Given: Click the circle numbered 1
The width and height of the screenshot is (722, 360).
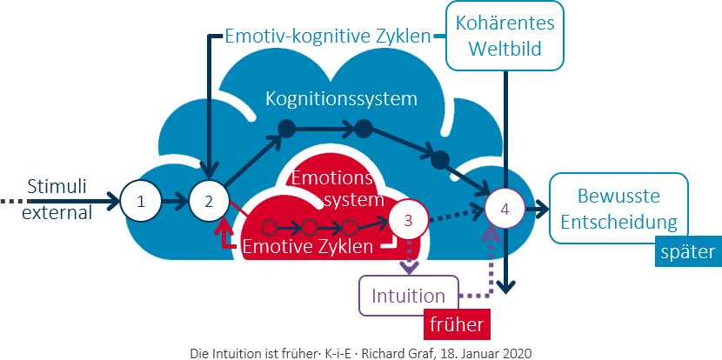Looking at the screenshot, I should (x=142, y=201).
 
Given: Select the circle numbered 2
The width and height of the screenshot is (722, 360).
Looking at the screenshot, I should (x=209, y=201).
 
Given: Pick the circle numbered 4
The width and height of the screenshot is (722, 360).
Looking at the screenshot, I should (x=505, y=209).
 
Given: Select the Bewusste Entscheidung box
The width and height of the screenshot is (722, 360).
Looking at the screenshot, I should (x=618, y=209).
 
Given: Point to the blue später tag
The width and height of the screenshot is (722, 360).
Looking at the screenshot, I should (x=687, y=252).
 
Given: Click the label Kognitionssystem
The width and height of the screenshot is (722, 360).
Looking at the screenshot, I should (x=341, y=99).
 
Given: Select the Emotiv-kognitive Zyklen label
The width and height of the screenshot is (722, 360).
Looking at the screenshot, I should (x=328, y=37).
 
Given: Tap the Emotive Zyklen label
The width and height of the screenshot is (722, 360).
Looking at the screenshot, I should (x=308, y=246).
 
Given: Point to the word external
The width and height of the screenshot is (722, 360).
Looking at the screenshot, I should (x=58, y=212).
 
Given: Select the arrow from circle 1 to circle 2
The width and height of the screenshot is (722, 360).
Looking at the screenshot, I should (x=177, y=201).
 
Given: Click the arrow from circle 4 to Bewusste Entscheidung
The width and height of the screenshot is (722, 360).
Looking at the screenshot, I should (x=534, y=209).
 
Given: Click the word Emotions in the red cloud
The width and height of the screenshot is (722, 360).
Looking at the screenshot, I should (x=331, y=180).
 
